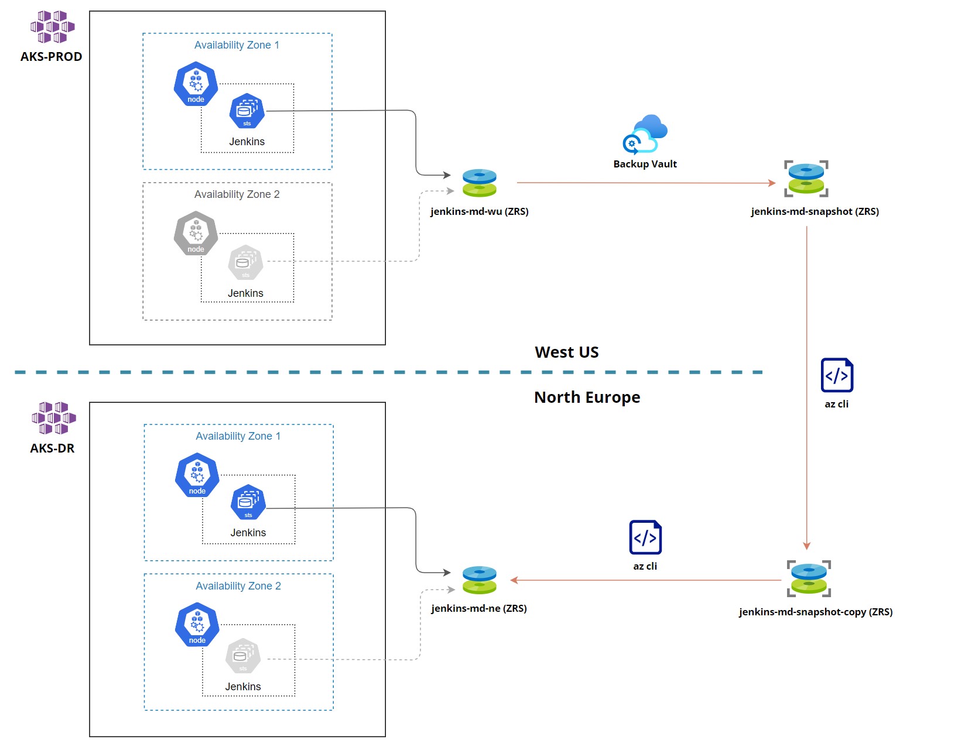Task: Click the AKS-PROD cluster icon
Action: [x=52, y=27]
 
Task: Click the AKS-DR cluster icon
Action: [x=53, y=418]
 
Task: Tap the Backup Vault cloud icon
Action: [x=645, y=134]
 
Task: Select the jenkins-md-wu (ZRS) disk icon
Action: [x=479, y=183]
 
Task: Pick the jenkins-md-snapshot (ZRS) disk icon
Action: [x=806, y=179]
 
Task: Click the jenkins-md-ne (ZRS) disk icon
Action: [x=479, y=580]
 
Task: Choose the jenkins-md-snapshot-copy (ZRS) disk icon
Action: [x=809, y=579]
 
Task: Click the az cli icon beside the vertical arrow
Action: [x=837, y=375]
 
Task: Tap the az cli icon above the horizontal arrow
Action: [x=645, y=537]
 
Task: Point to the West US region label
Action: [x=566, y=352]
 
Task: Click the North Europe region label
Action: [x=587, y=398]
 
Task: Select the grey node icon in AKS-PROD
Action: [x=196, y=234]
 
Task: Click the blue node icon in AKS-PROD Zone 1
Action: [x=196, y=84]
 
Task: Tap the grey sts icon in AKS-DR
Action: [x=242, y=656]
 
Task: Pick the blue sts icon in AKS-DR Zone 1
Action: [x=248, y=502]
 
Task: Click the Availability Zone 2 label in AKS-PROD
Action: [x=237, y=194]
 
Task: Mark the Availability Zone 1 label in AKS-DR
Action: [x=238, y=436]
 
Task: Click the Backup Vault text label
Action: [x=645, y=164]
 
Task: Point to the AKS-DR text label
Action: [x=52, y=448]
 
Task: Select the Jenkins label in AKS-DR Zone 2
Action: [x=243, y=687]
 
